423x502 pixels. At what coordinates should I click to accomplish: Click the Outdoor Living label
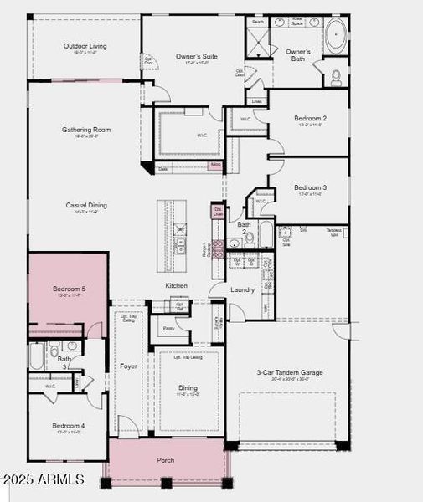click(85, 46)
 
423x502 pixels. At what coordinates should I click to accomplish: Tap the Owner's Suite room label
click(196, 56)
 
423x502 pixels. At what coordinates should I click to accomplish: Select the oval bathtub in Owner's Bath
click(335, 35)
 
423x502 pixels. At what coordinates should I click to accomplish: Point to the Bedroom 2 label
click(310, 119)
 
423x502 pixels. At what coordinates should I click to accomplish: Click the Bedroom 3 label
click(310, 187)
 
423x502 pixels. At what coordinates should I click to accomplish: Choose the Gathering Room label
click(86, 130)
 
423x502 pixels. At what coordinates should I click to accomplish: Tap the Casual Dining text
click(86, 205)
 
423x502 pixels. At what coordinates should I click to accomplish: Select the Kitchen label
click(176, 286)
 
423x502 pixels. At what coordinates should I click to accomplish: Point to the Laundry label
click(243, 289)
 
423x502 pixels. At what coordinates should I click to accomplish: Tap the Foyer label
click(128, 366)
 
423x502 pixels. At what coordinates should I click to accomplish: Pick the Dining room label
click(188, 387)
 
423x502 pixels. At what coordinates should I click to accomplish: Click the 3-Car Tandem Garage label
click(290, 372)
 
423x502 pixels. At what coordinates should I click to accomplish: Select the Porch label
click(166, 460)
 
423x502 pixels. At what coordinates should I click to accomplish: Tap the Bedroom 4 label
click(68, 426)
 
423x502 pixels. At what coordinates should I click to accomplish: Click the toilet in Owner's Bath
click(336, 77)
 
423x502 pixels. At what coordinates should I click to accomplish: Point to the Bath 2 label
click(244, 224)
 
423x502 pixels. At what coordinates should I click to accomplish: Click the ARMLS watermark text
click(44, 479)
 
